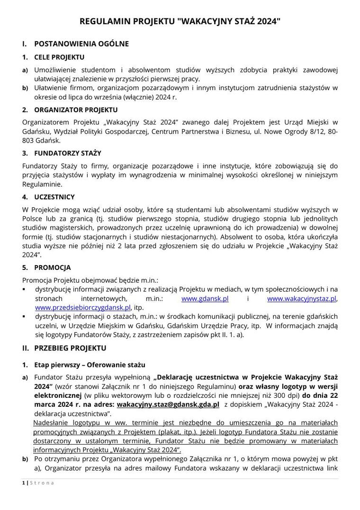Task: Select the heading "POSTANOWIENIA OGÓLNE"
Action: click(x=81, y=44)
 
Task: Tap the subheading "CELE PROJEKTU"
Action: click(x=59, y=57)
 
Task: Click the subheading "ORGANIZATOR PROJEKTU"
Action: click(x=69, y=110)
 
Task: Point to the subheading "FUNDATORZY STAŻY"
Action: click(x=67, y=153)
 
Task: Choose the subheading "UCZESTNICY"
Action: click(x=54, y=197)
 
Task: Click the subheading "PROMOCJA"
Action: click(x=52, y=268)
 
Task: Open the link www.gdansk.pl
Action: click(x=205, y=299)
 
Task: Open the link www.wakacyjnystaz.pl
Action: click(x=302, y=299)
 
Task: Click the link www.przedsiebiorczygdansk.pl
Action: click(x=83, y=307)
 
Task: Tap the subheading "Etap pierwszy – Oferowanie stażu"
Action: click(x=90, y=365)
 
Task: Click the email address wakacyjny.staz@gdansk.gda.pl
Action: click(x=168, y=405)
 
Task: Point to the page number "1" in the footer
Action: click(x=24, y=483)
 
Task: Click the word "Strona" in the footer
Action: click(x=42, y=483)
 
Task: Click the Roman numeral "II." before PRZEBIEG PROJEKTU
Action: click(x=26, y=348)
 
